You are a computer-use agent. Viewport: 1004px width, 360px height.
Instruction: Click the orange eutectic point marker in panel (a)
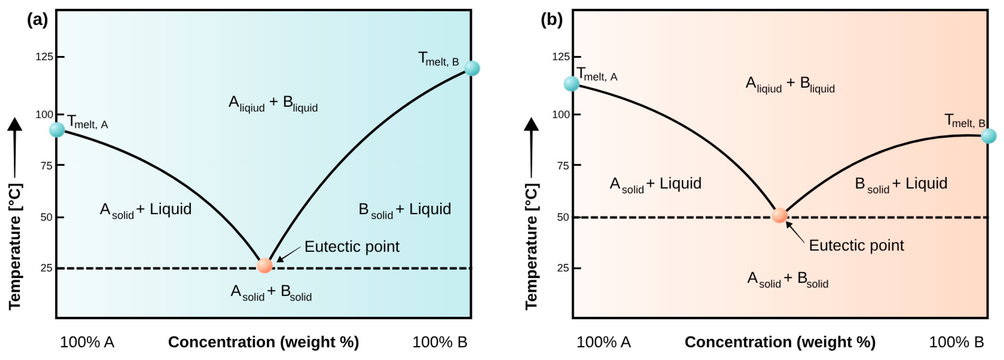pyautogui.click(x=265, y=265)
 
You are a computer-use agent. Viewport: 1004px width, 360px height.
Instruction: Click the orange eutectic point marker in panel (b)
pyautogui.click(x=779, y=215)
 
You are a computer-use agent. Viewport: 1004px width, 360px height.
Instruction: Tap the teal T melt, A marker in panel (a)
pyautogui.click(x=57, y=130)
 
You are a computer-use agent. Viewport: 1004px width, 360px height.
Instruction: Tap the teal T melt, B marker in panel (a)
pyautogui.click(x=472, y=68)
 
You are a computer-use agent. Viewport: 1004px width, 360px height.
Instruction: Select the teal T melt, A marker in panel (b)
pyautogui.click(x=572, y=83)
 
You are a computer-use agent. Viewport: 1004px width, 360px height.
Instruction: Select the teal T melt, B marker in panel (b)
pyautogui.click(x=988, y=136)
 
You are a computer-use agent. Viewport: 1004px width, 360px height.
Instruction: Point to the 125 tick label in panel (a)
pyautogui.click(x=44, y=57)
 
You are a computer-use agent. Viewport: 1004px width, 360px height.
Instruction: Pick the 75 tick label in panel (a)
pyautogui.click(x=46, y=166)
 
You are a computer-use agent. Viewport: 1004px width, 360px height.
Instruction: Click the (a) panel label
pyautogui.click(x=37, y=19)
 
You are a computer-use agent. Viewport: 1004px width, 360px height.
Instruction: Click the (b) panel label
pyautogui.click(x=552, y=19)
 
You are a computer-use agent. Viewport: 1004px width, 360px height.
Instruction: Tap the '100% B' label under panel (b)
pyautogui.click(x=956, y=342)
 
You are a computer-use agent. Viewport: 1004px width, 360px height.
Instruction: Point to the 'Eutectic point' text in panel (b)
pyautogui.click(x=856, y=246)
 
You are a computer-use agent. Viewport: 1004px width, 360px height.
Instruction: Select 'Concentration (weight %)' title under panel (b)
pyautogui.click(x=780, y=342)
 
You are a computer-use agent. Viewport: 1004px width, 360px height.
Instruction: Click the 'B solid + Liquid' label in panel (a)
pyautogui.click(x=405, y=210)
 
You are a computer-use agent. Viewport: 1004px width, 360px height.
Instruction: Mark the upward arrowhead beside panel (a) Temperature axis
pyautogui.click(x=15, y=124)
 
